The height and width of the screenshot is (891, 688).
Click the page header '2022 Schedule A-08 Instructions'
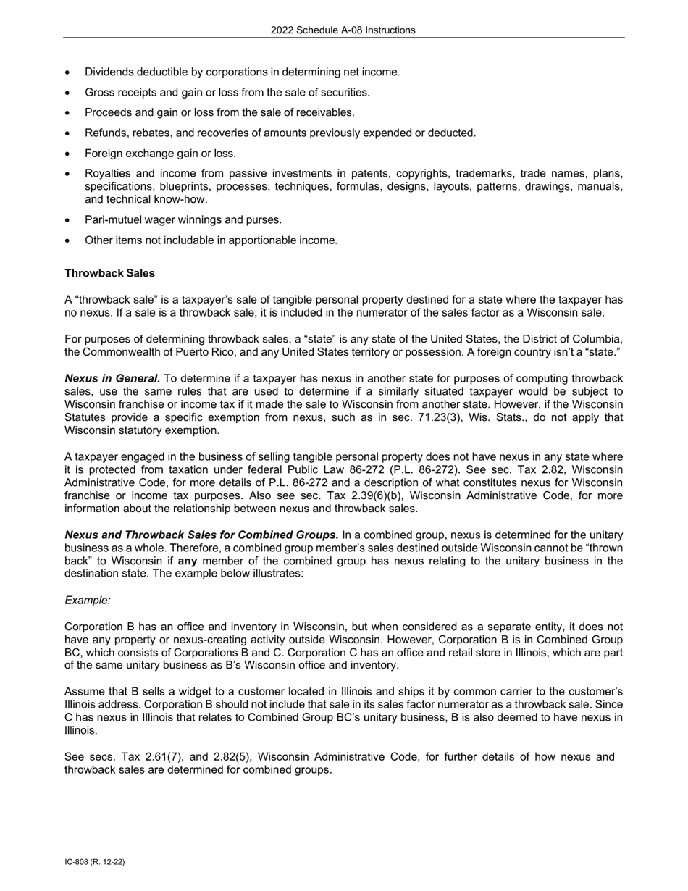tap(343, 30)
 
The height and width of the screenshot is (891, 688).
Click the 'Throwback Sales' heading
tap(109, 273)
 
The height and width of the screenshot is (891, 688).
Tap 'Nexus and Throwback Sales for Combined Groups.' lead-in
tap(201, 535)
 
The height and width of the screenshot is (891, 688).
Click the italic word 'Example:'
tap(88, 601)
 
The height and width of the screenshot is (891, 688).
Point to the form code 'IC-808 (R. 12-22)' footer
tap(94, 862)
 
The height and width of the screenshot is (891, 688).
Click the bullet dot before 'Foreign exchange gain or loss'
tap(68, 154)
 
